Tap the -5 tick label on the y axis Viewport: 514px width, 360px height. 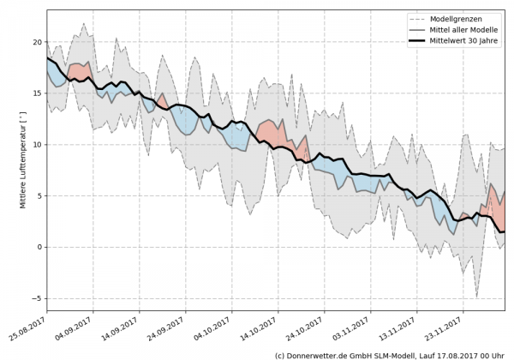(x=36, y=298)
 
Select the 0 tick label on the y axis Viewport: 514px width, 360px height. (x=39, y=247)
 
